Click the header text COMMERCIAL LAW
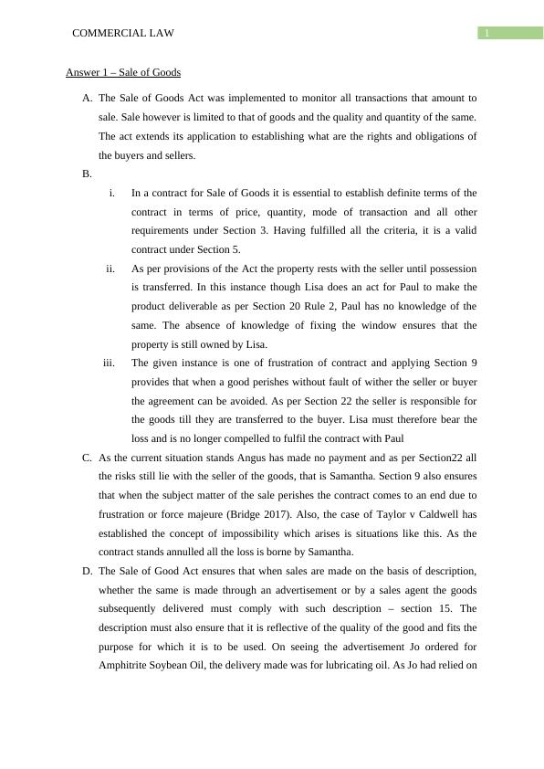(x=122, y=33)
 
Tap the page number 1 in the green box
(x=488, y=34)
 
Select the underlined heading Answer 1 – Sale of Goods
(x=123, y=72)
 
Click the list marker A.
(x=87, y=98)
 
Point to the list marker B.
(x=87, y=174)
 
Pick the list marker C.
(x=87, y=458)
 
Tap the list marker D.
(x=87, y=571)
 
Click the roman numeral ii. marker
(x=110, y=269)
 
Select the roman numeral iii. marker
(x=109, y=363)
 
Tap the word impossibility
(x=262, y=533)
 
